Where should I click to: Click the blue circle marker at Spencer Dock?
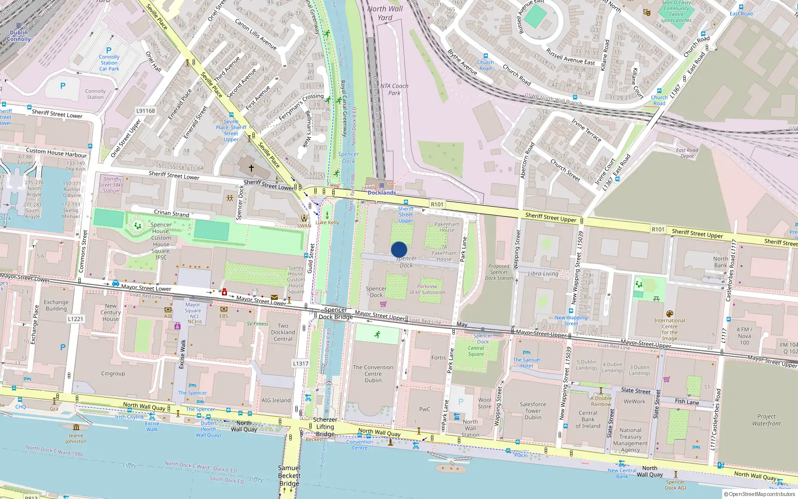click(399, 249)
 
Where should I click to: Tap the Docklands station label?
click(382, 193)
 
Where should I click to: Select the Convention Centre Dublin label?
click(373, 374)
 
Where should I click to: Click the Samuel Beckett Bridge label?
click(289, 476)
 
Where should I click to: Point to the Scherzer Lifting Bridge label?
click(325, 427)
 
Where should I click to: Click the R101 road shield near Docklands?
click(437, 204)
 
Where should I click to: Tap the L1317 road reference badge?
click(301, 364)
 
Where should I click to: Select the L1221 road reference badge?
click(75, 319)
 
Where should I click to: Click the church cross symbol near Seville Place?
click(251, 168)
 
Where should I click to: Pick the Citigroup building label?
click(113, 374)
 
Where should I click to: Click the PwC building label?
click(424, 409)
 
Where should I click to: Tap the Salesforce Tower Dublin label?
click(533, 411)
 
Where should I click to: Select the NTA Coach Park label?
click(394, 89)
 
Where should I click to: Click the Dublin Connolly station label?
click(19, 36)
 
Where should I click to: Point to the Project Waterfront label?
click(766, 420)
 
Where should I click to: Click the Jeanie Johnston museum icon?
click(76, 427)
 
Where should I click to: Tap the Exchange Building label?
click(56, 305)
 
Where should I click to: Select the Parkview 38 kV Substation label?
click(427, 289)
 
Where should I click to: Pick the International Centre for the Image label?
click(669, 329)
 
